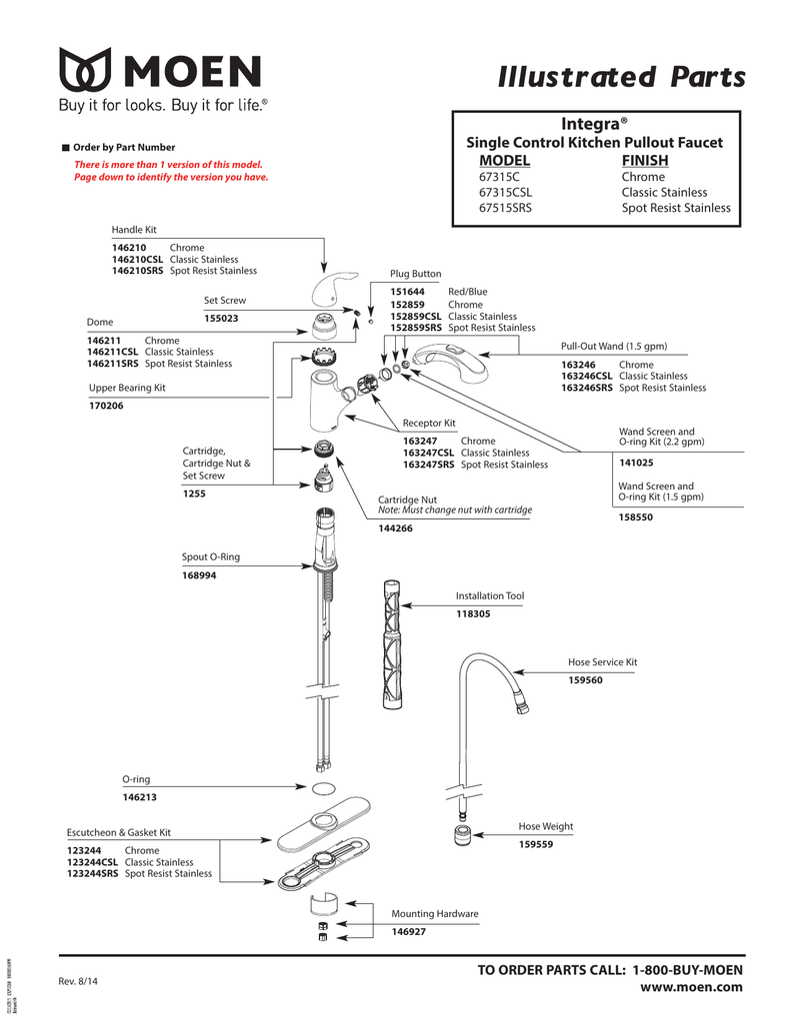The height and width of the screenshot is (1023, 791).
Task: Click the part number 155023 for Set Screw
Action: tap(221, 319)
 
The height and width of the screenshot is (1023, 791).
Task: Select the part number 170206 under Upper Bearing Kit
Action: tap(108, 406)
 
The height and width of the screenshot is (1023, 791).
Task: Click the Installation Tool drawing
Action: tap(391, 639)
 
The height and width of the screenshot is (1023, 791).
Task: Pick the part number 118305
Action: tap(473, 614)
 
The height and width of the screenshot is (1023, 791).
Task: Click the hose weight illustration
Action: tap(462, 835)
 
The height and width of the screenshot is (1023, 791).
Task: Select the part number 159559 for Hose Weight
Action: tap(535, 844)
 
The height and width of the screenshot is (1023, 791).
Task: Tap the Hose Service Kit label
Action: tap(602, 662)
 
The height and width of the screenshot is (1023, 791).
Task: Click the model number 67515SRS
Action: tap(509, 208)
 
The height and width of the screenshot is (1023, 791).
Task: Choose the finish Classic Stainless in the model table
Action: tap(664, 192)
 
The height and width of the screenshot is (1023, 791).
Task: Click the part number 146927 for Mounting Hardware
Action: tap(408, 931)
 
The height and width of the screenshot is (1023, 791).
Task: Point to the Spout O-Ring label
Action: tap(210, 557)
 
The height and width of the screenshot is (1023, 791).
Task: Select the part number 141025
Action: tap(636, 463)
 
